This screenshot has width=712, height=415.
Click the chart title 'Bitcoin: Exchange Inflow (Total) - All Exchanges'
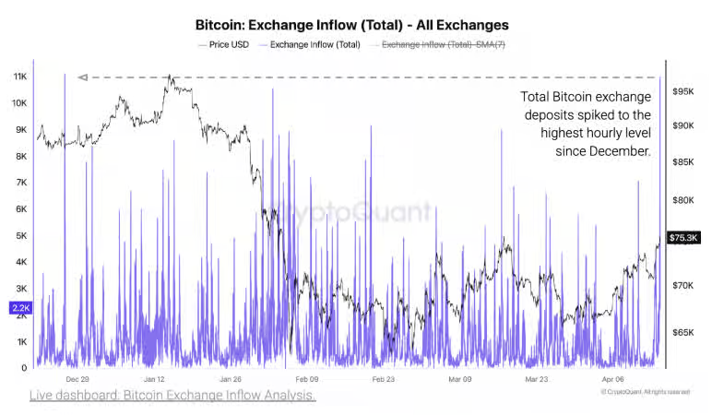352,25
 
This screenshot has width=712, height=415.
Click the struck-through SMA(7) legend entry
442,44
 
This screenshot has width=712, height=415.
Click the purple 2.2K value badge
20,307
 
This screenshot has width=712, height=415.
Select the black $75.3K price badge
683,238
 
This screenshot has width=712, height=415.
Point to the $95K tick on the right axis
683,92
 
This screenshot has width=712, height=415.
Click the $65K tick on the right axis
683,332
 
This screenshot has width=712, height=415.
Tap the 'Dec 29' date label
77,379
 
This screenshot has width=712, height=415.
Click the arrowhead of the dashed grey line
82,77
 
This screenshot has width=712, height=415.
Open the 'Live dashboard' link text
172,396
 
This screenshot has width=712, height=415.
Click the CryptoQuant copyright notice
645,391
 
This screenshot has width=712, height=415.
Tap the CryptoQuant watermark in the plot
355,213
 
